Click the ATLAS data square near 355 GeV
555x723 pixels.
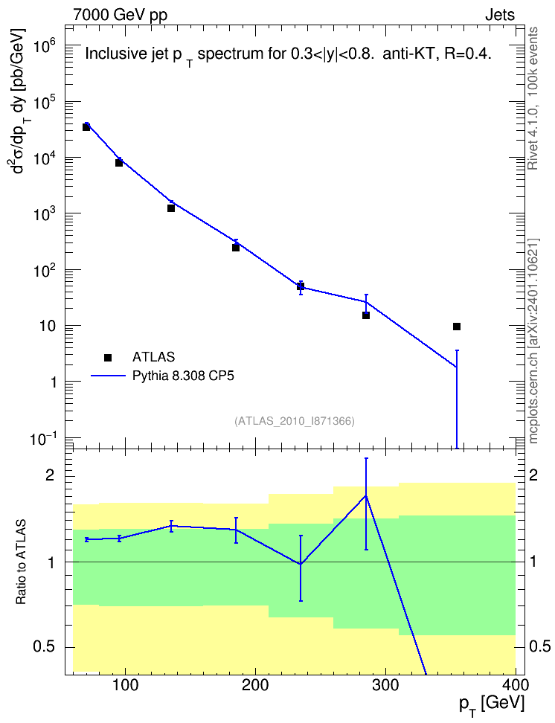pos(457,327)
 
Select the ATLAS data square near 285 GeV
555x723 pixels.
pos(366,315)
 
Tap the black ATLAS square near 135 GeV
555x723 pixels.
pos(170,208)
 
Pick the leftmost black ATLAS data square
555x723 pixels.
pos(86,127)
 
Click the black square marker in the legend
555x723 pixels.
pos(108,357)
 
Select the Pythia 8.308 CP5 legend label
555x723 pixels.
pos(183,376)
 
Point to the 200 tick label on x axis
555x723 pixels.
pos(255,685)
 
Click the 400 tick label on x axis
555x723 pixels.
pos(515,685)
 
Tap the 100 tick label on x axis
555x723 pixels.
pos(125,685)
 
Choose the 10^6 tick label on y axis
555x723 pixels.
pos(45,47)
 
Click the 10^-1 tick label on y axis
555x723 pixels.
pos(43,439)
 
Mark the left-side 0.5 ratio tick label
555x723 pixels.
pos(45,647)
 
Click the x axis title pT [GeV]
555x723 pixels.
pos(492,705)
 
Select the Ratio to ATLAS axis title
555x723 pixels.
pos(22,562)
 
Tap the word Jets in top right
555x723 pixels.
pos(500,15)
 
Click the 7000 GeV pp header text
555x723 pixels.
pos(120,15)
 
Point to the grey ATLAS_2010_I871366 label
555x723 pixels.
pos(295,421)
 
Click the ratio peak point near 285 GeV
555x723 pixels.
pos(366,495)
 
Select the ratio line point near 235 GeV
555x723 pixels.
pos(301,564)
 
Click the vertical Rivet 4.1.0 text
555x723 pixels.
pos(533,98)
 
